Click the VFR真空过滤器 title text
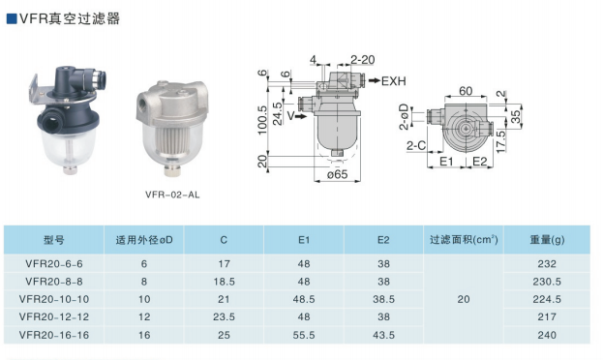pos(70,18)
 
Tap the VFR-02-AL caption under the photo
pos(172,195)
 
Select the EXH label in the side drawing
pos(393,81)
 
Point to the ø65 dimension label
pos(337,174)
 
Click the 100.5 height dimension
pos(262,120)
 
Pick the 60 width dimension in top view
pos(466,91)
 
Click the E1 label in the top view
pos(446,162)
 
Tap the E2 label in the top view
pos(479,162)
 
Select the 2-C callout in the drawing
pos(416,145)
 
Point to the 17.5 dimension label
pos(500,141)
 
